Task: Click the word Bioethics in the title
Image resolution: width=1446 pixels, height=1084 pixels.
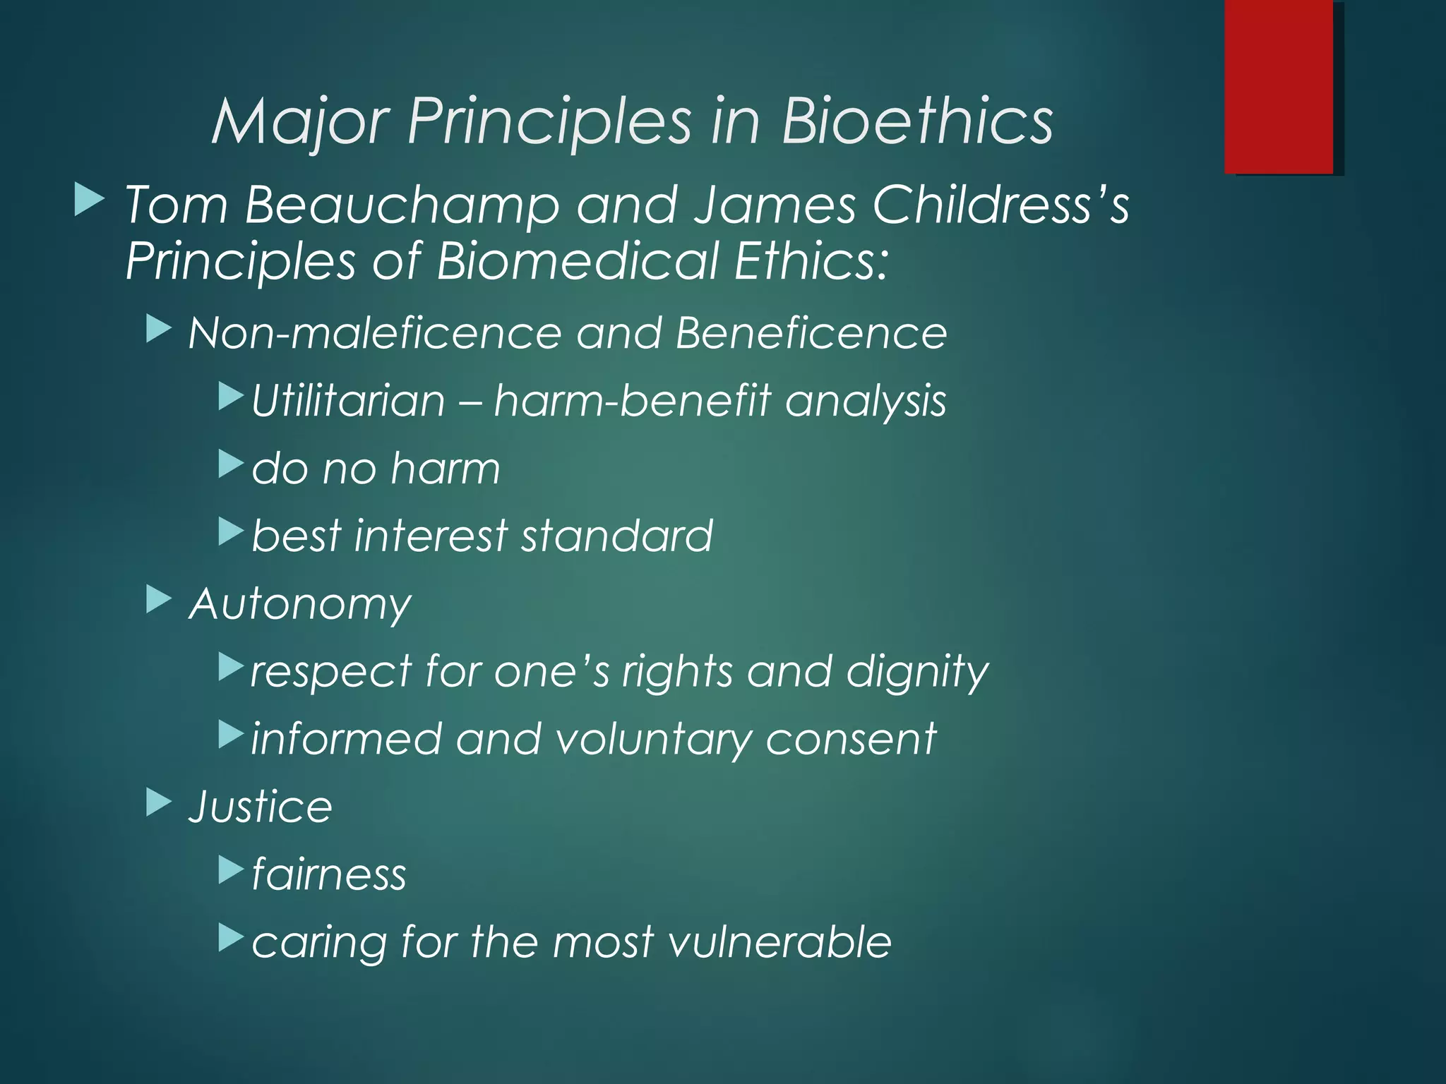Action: [x=916, y=121]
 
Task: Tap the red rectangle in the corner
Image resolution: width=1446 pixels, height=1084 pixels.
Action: [x=1279, y=86]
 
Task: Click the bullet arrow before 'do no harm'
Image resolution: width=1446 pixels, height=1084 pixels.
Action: [x=231, y=464]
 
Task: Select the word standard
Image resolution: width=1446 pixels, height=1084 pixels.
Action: [x=617, y=536]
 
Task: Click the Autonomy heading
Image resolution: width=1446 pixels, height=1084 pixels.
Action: [x=300, y=604]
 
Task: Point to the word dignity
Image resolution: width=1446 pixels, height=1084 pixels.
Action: [x=917, y=671]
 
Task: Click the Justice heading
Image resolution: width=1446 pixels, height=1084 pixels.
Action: [x=260, y=806]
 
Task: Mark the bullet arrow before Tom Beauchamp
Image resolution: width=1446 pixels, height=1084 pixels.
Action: [x=89, y=200]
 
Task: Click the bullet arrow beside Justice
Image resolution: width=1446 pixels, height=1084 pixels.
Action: [x=159, y=802]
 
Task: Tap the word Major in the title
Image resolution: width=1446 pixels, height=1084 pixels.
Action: [x=300, y=121]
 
